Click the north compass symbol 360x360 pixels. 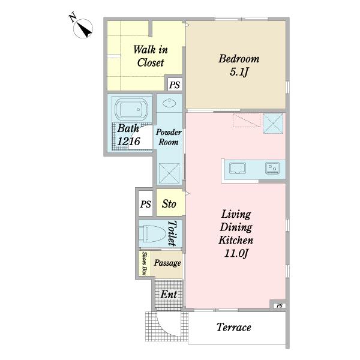click(x=83, y=28)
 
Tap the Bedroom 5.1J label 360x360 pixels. click(x=239, y=65)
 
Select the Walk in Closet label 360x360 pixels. click(x=151, y=56)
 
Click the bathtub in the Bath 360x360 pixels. click(x=131, y=109)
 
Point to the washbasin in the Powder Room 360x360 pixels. click(x=169, y=103)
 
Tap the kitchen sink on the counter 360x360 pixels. click(x=238, y=168)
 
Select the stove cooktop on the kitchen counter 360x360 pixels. click(x=272, y=168)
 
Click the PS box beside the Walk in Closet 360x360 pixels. click(x=175, y=85)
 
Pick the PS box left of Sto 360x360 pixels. click(x=146, y=203)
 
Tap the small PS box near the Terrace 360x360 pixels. click(x=280, y=305)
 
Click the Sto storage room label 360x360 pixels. click(x=169, y=203)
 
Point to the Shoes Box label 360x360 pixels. click(x=144, y=263)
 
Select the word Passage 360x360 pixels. click(x=167, y=263)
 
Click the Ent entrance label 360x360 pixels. click(x=169, y=295)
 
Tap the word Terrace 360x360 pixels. click(x=234, y=327)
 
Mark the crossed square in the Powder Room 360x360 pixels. click(x=169, y=173)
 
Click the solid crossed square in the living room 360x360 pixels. click(x=273, y=123)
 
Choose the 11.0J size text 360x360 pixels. click(x=236, y=253)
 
